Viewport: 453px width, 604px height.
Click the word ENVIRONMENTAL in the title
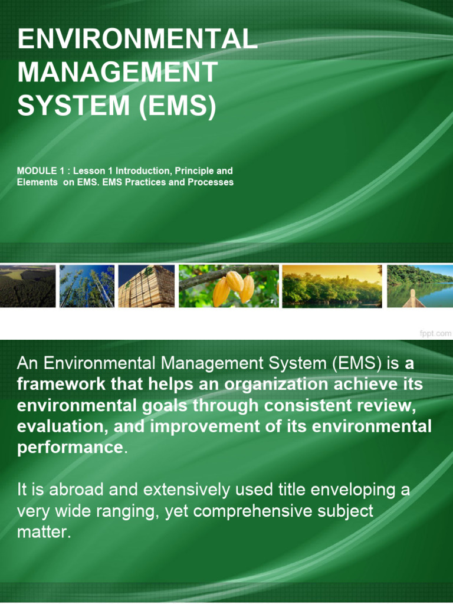(138, 40)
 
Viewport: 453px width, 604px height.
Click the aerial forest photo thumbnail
(28, 286)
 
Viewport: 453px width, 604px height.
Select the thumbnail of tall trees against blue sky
(87, 286)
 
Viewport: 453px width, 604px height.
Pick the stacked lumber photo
(146, 286)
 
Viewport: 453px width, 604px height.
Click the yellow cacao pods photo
(228, 286)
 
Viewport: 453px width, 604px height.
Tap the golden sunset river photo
(331, 286)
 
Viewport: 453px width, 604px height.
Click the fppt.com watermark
(435, 333)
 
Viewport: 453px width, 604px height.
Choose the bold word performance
(69, 447)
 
